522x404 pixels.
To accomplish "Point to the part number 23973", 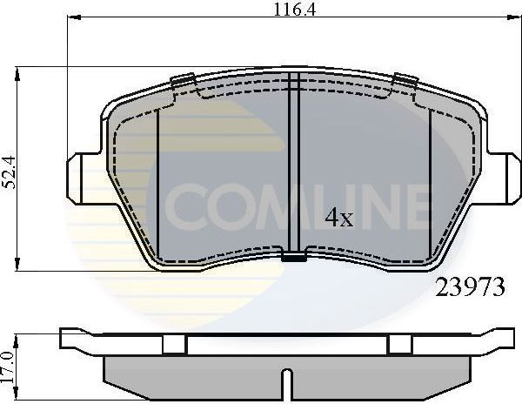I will click(x=469, y=290).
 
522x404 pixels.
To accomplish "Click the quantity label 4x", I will click(x=338, y=218).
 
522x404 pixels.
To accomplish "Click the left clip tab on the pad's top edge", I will click(x=184, y=83).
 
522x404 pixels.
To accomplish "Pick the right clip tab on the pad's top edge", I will click(x=402, y=83).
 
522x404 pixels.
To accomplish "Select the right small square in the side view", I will click(x=398, y=345).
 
